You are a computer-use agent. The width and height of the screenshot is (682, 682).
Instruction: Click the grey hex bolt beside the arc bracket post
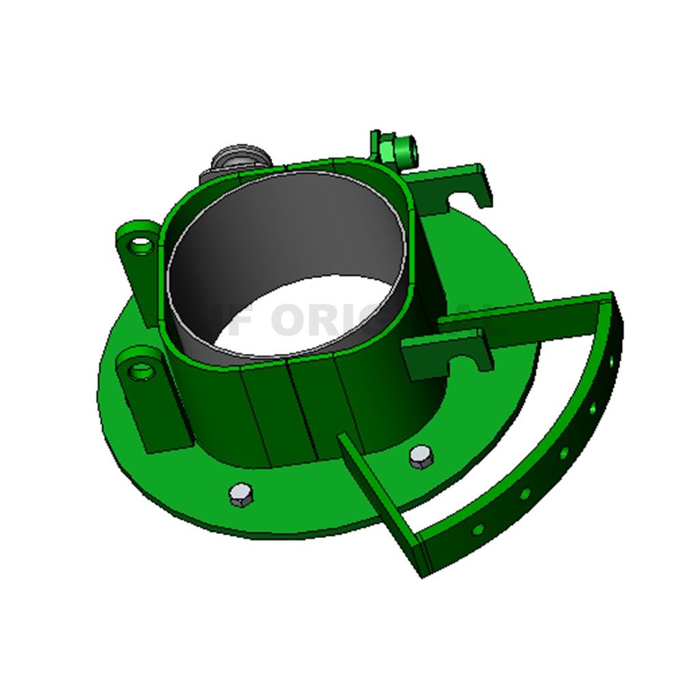tap(421, 456)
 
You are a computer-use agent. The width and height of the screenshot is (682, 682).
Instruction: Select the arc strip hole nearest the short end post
tap(479, 529)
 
